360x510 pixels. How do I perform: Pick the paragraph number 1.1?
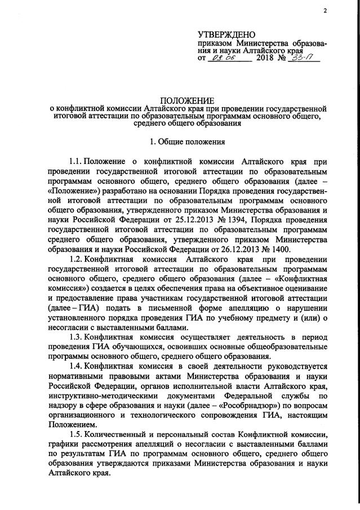(x=76, y=161)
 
